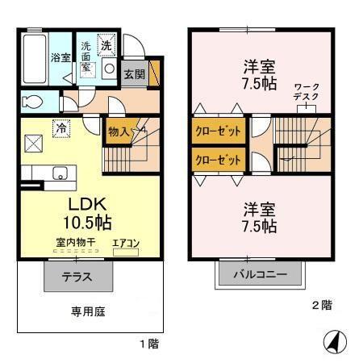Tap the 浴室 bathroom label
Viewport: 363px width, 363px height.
60,57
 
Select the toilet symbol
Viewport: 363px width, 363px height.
32,102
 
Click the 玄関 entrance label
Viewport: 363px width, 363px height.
134,74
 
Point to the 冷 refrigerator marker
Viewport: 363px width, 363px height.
60,126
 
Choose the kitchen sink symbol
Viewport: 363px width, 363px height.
59,172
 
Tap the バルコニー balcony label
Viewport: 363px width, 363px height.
261,275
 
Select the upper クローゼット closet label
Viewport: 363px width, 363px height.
219,129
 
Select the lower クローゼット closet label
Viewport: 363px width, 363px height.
219,159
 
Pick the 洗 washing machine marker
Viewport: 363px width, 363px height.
106,46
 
